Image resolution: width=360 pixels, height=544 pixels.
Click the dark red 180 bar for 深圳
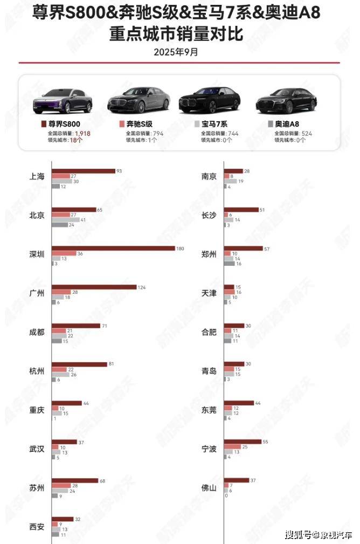point(113,249)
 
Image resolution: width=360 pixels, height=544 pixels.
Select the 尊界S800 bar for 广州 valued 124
point(94,287)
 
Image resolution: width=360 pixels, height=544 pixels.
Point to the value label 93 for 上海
point(119,171)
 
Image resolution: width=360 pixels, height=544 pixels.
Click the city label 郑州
point(209,254)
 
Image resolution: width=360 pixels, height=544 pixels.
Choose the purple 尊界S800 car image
point(63,101)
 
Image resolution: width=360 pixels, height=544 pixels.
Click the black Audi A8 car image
point(286,100)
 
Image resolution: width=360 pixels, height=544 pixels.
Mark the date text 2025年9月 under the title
point(176,52)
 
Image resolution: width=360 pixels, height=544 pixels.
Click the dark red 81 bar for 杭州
point(79,364)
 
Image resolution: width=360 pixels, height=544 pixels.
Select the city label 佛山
point(209,487)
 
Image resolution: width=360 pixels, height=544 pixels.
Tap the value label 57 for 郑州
point(267,249)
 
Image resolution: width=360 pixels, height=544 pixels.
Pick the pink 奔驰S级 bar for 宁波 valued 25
point(232,447)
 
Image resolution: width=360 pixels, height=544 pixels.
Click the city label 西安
point(37,526)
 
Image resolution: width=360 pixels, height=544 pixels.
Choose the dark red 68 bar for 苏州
point(75,480)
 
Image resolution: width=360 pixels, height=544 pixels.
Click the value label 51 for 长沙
point(262,210)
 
